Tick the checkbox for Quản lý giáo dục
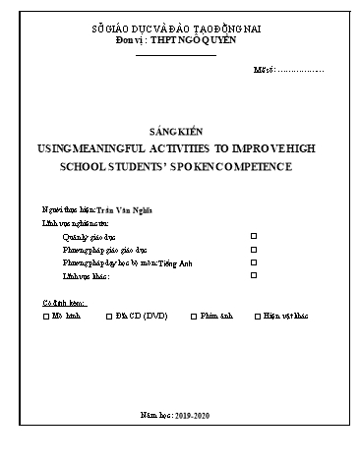pos(254,236)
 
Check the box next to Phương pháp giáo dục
pos(254,250)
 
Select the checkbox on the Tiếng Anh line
pos(254,262)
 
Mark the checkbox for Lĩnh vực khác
pos(254,275)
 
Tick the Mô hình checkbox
pos(47,318)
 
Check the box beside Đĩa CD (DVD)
pos(109,318)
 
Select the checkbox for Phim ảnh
pos(193,318)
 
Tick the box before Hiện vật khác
pos(258,318)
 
